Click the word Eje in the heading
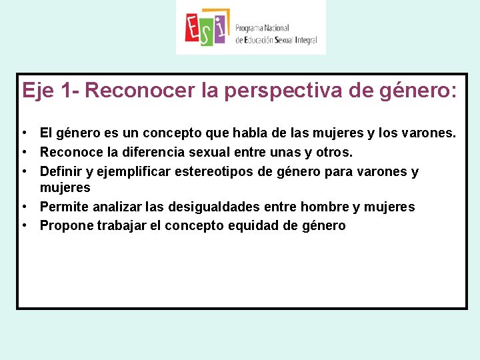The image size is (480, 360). click(37, 91)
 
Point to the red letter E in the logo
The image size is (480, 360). click(193, 28)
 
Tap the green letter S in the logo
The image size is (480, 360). click(207, 33)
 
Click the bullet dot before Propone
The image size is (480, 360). click(23, 225)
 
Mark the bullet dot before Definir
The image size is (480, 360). click(23, 172)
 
